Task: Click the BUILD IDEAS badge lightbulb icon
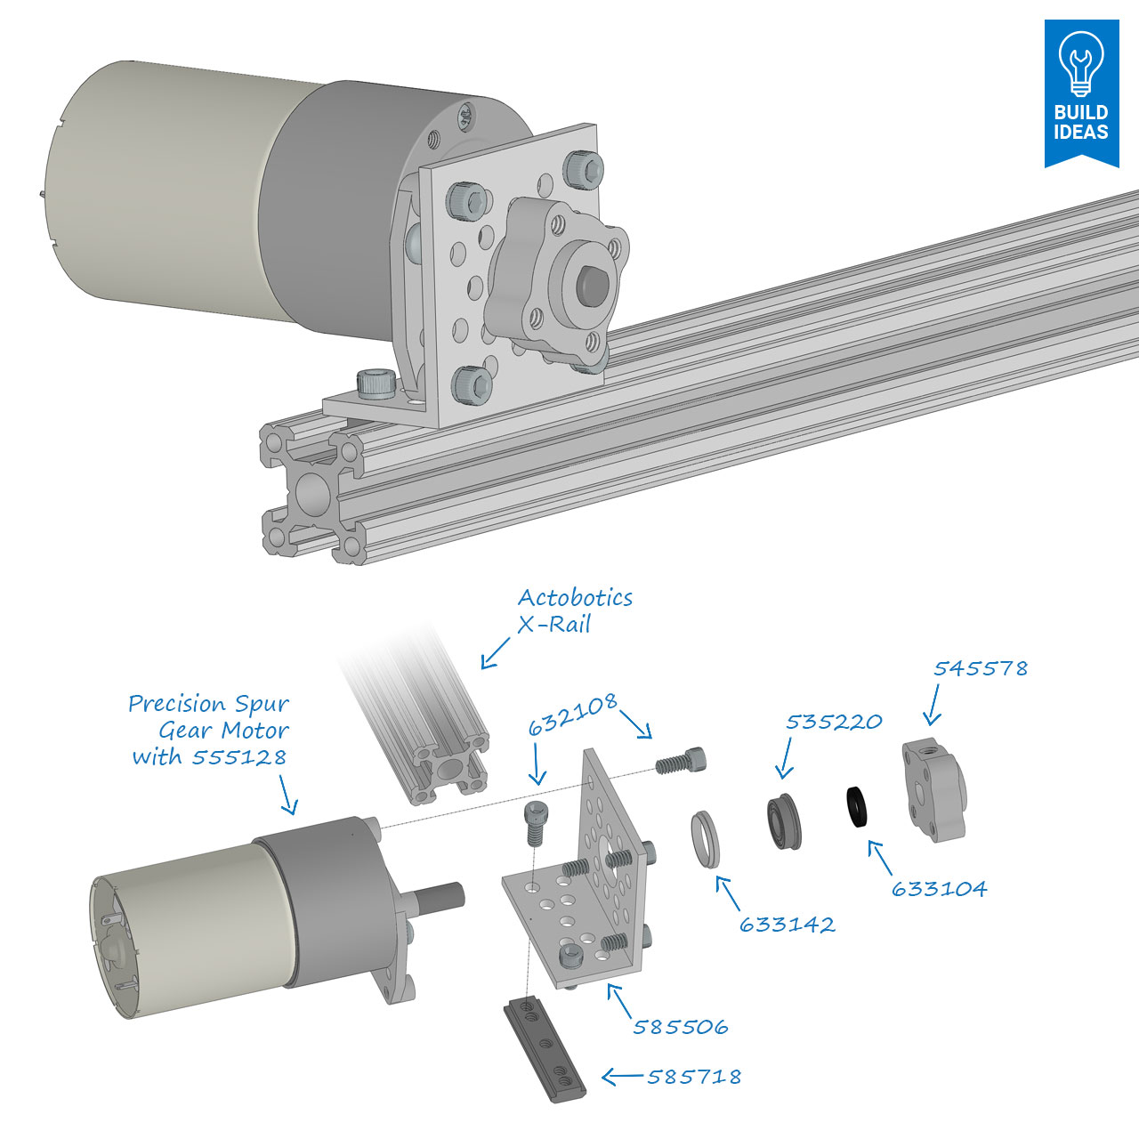coord(1080,62)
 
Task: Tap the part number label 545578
coord(980,668)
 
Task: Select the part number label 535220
coord(833,721)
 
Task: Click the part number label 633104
coord(939,889)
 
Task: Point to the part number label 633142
coord(788,925)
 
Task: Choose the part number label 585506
coord(680,1027)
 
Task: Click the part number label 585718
coord(693,1077)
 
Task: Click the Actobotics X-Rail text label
coord(574,610)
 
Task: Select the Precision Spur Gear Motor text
coord(209,730)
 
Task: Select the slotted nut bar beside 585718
coord(544,1049)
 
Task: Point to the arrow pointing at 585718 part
coord(622,1078)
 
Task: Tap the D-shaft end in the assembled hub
coord(589,284)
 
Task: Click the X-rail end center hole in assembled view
coord(312,492)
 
